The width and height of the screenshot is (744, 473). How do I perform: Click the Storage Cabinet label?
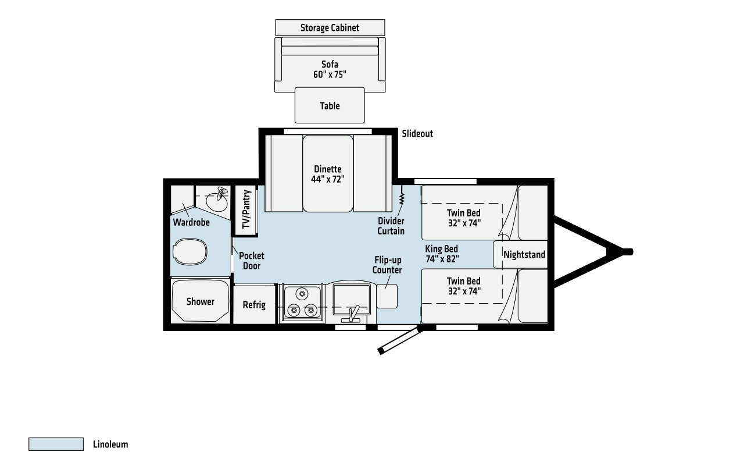pos(330,27)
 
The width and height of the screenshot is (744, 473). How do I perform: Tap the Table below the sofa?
pos(330,105)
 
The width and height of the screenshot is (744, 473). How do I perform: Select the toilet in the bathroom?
pos(189,251)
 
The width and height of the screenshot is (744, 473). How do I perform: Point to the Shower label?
pos(201,301)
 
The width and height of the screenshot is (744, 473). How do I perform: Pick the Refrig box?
pos(255,304)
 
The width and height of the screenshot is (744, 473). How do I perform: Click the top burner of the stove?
pos(302,294)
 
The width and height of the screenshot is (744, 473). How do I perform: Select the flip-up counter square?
pos(387,296)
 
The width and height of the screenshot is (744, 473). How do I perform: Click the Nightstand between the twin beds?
pos(520,254)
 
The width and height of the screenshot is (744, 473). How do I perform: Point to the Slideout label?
pos(417,134)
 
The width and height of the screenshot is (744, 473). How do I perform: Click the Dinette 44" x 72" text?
pos(327,174)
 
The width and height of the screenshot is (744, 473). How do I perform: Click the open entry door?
pos(400,341)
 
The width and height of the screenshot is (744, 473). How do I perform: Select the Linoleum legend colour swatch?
pos(56,444)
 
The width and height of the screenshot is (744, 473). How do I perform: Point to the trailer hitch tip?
pos(630,252)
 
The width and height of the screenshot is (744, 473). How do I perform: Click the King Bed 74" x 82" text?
pos(442,254)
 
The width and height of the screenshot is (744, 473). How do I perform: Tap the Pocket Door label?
pos(252,261)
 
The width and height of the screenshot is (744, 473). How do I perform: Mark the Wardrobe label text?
pos(191,222)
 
